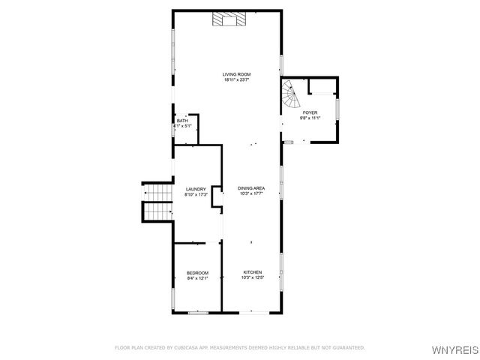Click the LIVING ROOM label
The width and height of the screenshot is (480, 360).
point(236,74)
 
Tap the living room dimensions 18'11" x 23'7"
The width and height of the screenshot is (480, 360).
point(236,80)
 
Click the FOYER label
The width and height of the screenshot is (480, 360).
point(310,112)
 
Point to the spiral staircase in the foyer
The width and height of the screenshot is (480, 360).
point(291,94)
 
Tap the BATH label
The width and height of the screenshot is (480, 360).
point(182,121)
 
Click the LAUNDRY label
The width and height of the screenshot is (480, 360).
point(196,189)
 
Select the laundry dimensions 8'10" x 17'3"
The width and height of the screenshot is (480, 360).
point(196,195)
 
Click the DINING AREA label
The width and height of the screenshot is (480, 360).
point(251,188)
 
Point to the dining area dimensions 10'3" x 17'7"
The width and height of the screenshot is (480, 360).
point(251,194)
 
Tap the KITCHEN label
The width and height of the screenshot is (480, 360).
point(252,271)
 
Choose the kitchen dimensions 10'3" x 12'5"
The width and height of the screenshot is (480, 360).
point(252,277)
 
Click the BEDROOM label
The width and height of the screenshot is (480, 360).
point(197,272)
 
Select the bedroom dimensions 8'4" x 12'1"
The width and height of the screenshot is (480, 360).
point(197,278)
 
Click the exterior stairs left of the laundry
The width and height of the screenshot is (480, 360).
point(158,202)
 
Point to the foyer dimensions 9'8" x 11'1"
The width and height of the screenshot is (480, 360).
point(310,118)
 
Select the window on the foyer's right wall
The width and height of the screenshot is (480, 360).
point(338,109)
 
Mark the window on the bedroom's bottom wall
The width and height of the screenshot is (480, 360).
point(197,312)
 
